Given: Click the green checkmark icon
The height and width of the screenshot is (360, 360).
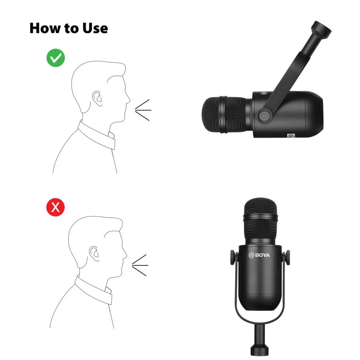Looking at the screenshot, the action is [55, 58].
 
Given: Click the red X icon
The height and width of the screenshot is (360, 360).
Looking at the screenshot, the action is [55, 207].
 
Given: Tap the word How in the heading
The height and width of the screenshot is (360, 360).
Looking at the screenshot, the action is [45, 28].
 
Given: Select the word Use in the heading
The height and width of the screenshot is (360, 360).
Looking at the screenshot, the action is [95, 28].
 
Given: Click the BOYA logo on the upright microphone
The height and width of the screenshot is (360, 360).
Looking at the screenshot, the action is [260, 255].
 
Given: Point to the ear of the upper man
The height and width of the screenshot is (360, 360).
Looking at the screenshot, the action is [97, 98].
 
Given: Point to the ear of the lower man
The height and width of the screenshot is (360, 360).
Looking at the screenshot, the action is [94, 253].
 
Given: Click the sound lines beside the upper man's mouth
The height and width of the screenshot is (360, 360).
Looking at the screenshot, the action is [143, 110].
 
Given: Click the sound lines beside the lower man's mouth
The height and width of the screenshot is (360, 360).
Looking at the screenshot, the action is [140, 265].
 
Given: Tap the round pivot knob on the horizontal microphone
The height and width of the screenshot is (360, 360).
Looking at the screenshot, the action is [264, 116].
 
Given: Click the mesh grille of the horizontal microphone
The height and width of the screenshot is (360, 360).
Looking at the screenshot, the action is [225, 115].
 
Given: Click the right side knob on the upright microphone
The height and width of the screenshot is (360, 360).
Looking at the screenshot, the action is [287, 258].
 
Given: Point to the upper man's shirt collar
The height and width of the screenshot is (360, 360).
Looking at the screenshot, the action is [96, 135].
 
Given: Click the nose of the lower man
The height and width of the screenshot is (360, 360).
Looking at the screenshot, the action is [125, 255].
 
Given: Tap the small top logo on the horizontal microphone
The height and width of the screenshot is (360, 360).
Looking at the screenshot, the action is [264, 93].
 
